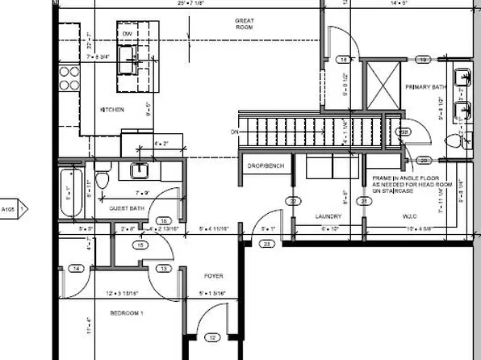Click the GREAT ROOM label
click(x=244, y=23)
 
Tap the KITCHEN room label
click(x=111, y=109)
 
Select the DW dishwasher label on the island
click(x=127, y=33)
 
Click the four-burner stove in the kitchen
click(x=69, y=77)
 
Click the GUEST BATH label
click(x=127, y=208)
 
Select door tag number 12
click(x=213, y=337)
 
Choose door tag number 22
click(x=294, y=201)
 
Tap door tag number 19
click(x=422, y=61)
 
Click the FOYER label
click(x=213, y=275)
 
